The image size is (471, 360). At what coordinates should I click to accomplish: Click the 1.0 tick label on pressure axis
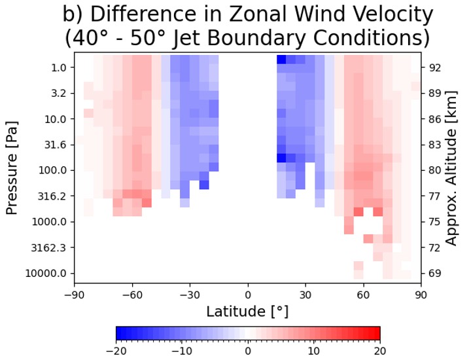[58, 67]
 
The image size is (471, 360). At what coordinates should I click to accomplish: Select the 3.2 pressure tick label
[58, 93]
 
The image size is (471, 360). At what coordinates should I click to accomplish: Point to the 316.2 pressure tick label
[53, 196]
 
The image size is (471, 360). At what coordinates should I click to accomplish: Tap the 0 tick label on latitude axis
[247, 295]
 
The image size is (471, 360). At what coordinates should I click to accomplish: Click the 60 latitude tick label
[363, 295]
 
